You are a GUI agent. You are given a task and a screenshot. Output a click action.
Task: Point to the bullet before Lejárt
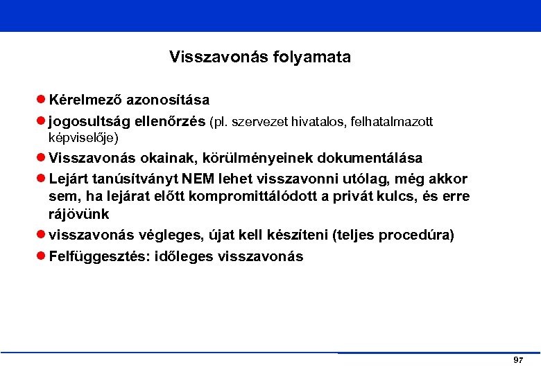click(x=41, y=179)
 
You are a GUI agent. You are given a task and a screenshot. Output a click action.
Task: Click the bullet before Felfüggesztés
click(x=41, y=257)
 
